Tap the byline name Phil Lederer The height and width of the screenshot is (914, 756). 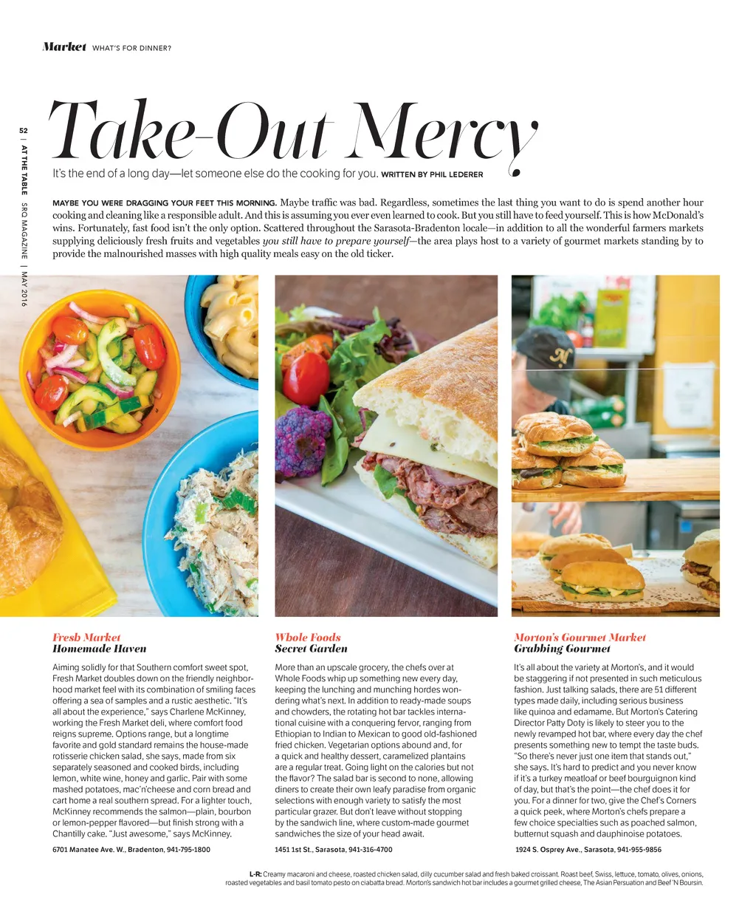coord(456,175)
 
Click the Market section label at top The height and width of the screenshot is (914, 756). coord(64,47)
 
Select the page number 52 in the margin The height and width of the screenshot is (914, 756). coord(24,130)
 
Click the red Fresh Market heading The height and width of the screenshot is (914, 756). coord(86,637)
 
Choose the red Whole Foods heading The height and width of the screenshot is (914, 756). coord(308,637)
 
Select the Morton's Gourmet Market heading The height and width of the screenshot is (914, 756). coord(580,637)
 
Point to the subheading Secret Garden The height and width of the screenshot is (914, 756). coord(311,649)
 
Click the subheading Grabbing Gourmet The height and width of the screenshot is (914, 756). coord(562,649)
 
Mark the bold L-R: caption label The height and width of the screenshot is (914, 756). coord(255,874)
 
